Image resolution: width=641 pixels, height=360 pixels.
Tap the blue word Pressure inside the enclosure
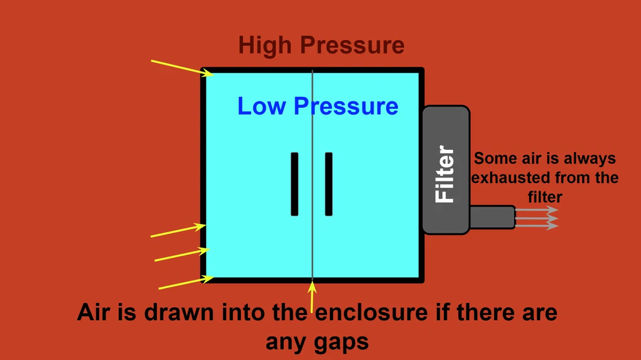[346, 106]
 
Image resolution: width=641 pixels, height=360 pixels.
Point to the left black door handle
[295, 184]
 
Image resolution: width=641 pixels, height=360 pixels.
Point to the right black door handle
[329, 184]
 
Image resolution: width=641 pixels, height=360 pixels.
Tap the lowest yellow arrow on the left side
[183, 283]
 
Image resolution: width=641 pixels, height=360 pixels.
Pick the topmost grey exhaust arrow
[537, 210]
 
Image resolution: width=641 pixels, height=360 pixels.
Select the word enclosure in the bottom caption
[383, 313]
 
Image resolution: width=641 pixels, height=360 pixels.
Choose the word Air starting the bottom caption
[93, 313]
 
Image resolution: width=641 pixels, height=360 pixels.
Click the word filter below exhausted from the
[545, 196]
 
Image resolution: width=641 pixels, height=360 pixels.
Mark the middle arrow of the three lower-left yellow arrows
[182, 255]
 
